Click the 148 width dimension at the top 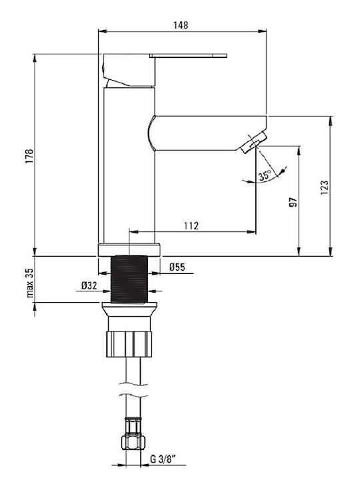(181, 25)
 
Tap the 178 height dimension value (29, 156)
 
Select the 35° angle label (265, 175)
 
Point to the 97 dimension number (293, 203)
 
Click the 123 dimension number (325, 187)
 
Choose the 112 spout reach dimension (191, 226)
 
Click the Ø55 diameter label (177, 267)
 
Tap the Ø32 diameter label (89, 285)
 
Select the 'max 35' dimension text (30, 283)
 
